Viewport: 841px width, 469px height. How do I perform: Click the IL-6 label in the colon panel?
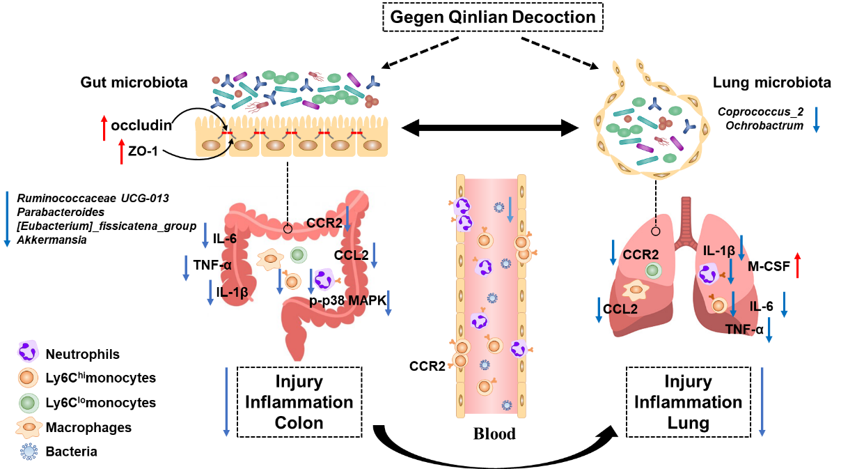pos(225,239)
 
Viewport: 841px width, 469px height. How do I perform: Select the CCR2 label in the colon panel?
pos(324,223)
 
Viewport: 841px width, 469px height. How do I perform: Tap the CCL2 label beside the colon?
pos(351,255)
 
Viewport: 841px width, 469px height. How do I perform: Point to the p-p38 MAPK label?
pos(347,300)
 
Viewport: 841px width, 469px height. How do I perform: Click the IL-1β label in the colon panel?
pos(232,292)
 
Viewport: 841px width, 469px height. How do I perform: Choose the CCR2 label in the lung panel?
pos(640,255)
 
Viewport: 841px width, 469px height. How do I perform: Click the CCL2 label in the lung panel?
pos(621,309)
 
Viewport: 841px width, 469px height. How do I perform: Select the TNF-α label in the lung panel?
pos(744,330)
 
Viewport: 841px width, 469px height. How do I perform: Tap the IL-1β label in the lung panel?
pos(719,251)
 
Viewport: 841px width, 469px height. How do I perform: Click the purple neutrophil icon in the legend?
pos(28,351)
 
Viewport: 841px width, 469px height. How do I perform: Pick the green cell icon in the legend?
pos(29,403)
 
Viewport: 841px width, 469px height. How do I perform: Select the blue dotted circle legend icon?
pos(29,452)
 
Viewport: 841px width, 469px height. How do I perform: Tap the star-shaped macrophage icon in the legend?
pos(29,427)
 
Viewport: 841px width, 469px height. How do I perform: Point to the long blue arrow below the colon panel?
pos(226,402)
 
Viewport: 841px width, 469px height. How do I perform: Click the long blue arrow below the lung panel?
pos(762,402)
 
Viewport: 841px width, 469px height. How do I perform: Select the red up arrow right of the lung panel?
pos(798,266)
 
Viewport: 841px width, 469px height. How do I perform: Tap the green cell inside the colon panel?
pos(298,255)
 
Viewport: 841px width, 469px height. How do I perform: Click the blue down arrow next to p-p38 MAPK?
pos(388,303)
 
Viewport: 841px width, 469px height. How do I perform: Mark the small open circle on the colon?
pos(288,229)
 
